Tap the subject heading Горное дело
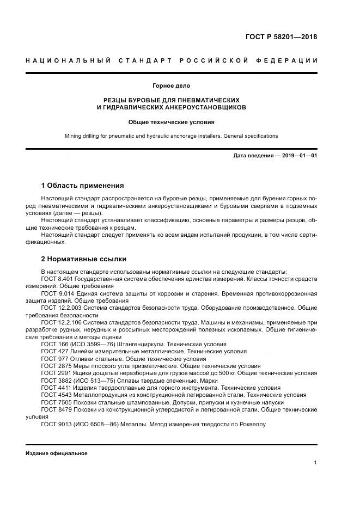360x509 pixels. point(171,86)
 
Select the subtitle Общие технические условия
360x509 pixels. point(171,122)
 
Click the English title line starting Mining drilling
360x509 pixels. point(171,136)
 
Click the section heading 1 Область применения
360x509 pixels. point(83,186)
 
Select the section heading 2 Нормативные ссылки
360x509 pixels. point(84,259)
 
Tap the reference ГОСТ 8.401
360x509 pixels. point(57,279)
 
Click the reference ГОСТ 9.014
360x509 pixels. point(57,293)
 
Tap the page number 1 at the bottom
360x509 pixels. point(315,463)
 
